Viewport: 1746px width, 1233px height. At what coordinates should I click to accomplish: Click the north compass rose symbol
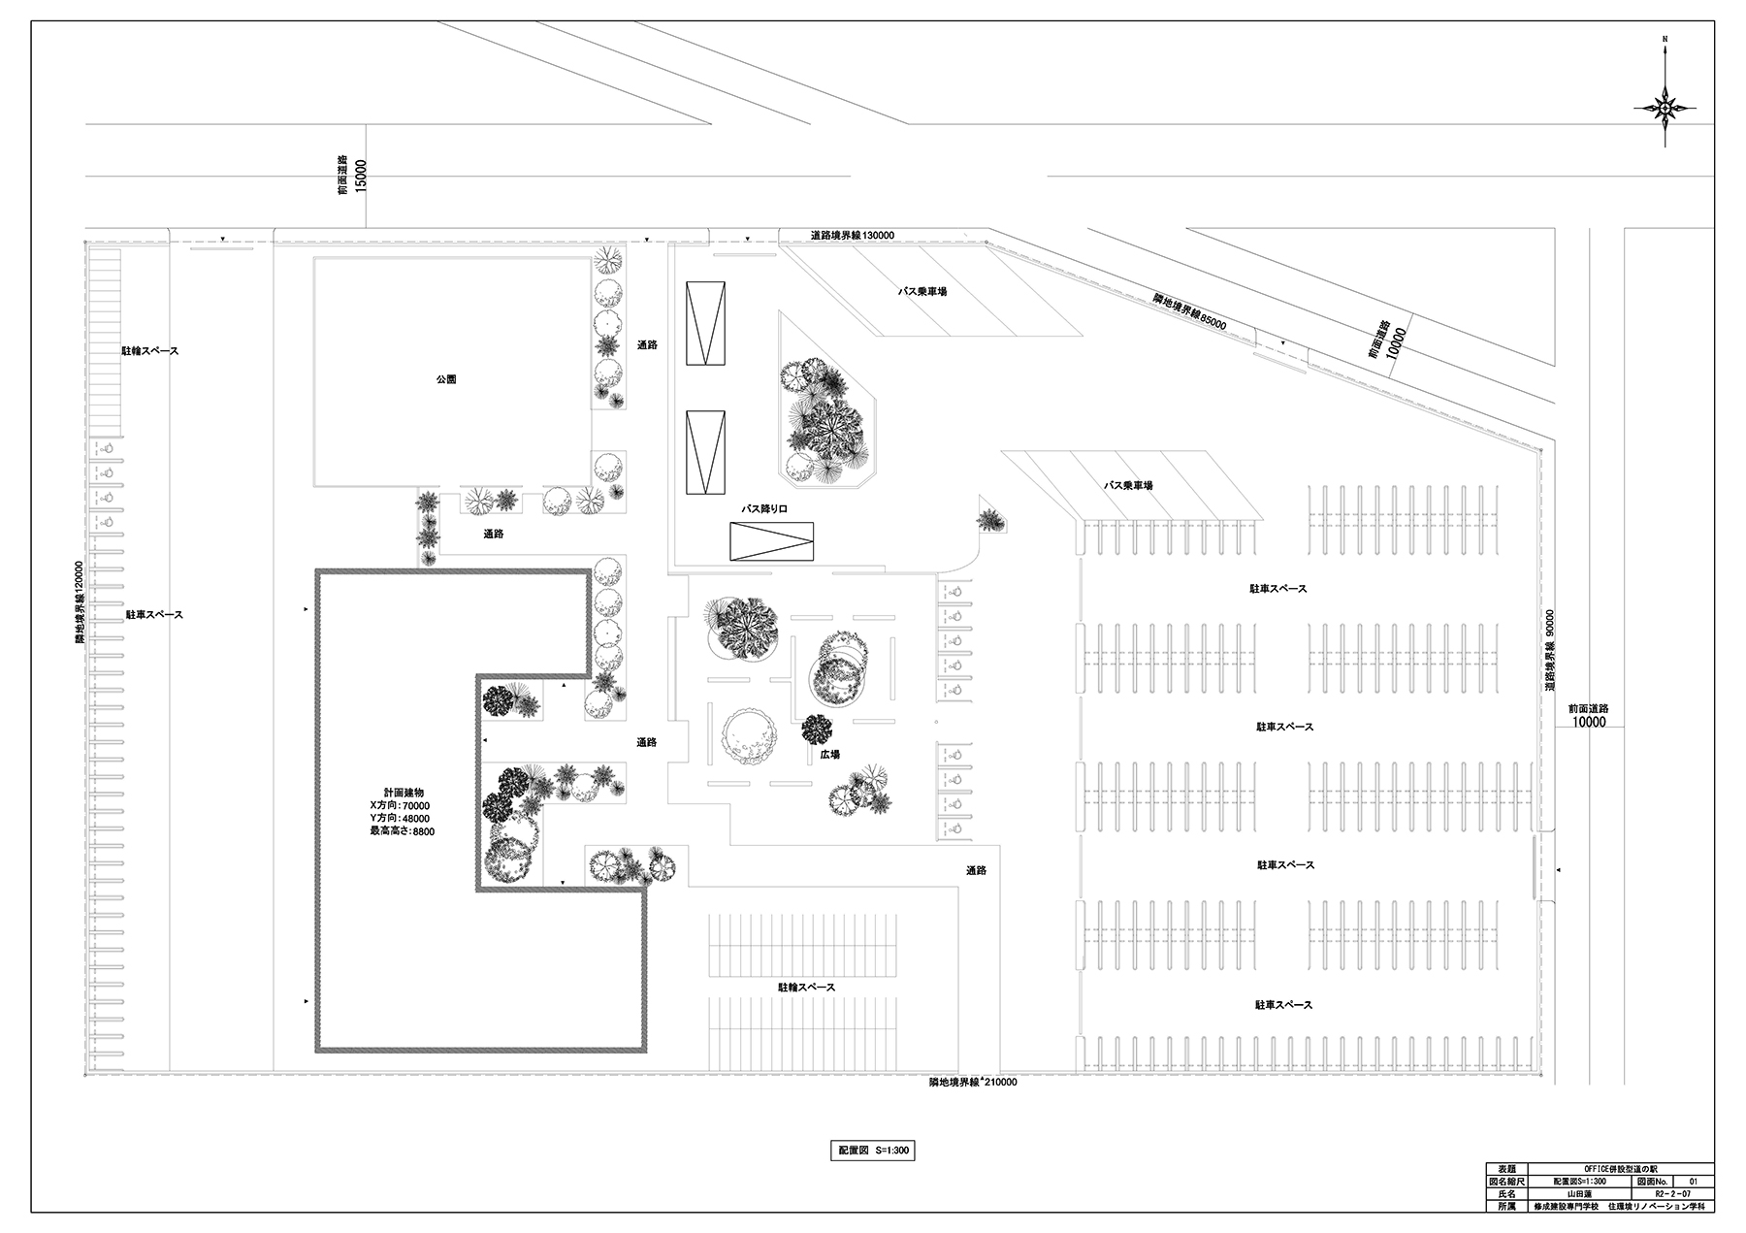pos(1665,109)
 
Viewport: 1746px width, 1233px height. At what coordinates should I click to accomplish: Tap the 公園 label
pos(445,379)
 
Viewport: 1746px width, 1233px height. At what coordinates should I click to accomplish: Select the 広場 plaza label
pos(827,754)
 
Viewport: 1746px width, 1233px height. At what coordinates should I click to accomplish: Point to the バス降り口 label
pos(764,508)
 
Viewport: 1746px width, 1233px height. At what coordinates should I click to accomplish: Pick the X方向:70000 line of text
pos(400,805)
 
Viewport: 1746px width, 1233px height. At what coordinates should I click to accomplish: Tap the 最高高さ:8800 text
pos(402,831)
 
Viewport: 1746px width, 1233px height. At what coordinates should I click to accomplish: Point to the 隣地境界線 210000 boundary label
pos(972,1083)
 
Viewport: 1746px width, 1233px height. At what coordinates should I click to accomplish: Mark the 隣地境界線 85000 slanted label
pos(1189,311)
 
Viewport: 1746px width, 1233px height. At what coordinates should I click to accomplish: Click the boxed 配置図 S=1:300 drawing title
pos(872,1151)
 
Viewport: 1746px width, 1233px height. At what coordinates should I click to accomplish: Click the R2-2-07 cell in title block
pos(1673,1195)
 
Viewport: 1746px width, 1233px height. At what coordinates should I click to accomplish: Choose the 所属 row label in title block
pos(1505,1208)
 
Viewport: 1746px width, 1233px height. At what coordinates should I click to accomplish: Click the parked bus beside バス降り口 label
pos(771,541)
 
